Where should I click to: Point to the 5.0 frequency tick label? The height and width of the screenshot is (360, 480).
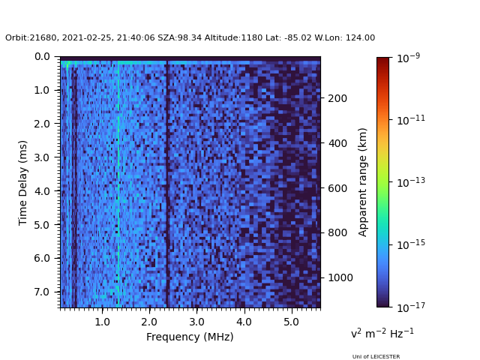[x=290, y=321]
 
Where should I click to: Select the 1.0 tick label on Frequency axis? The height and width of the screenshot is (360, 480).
[x=102, y=321]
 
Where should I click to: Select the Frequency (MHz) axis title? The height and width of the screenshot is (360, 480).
[x=190, y=337]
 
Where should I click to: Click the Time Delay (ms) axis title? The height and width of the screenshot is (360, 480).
[x=23, y=182]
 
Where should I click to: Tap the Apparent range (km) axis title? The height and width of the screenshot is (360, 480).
[x=363, y=181]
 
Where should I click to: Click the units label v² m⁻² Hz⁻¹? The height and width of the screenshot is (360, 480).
[x=382, y=333]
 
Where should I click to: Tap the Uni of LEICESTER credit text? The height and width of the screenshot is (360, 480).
[x=376, y=356]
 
